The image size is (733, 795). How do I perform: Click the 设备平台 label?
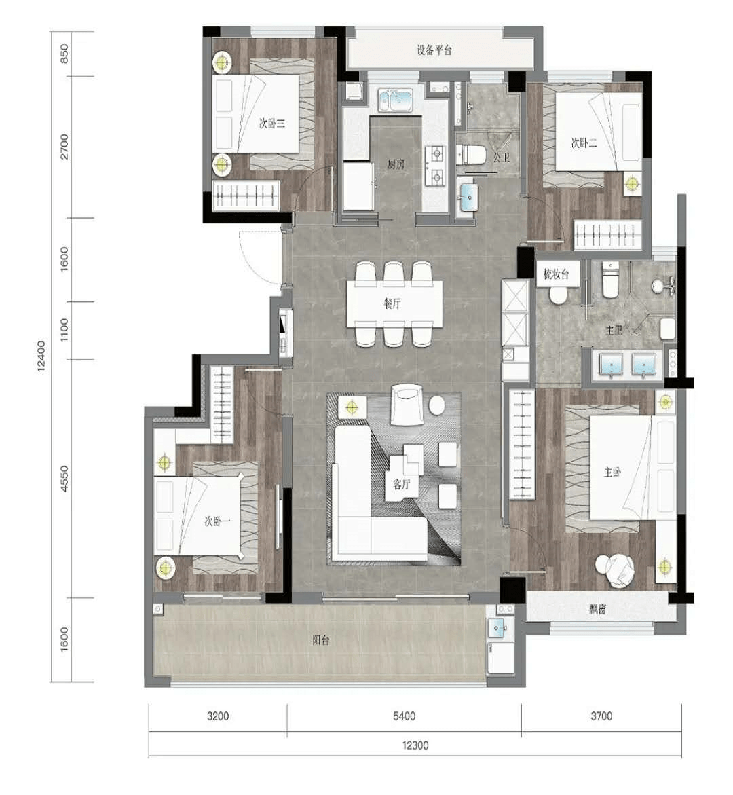click(434, 50)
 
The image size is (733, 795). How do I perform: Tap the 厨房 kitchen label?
click(396, 164)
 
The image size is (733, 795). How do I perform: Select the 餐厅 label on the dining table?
click(392, 303)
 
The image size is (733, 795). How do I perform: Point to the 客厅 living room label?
click(401, 484)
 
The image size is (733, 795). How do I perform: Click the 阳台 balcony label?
click(321, 640)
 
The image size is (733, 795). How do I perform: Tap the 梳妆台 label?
click(556, 274)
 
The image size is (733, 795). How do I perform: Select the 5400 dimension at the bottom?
click(404, 716)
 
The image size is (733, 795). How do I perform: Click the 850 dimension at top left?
click(64, 54)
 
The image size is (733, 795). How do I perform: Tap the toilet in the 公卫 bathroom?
click(471, 155)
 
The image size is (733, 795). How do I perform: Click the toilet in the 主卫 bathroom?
click(610, 280)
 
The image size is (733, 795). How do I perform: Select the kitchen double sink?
click(396, 99)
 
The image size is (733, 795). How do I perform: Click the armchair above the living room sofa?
click(407, 405)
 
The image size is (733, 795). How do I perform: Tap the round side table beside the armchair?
click(436, 405)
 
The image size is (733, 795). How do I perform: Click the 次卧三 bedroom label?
click(272, 123)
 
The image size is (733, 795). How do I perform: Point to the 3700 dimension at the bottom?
click(601, 716)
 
